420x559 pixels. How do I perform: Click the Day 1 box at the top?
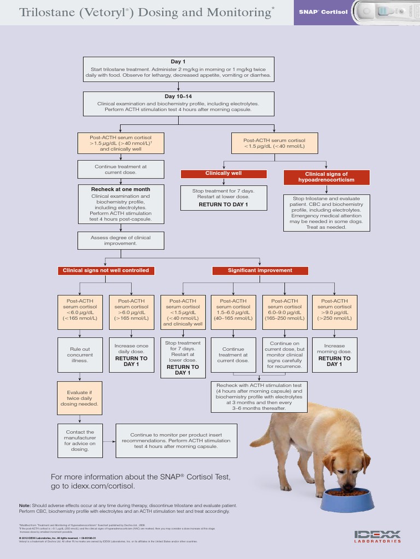(178, 69)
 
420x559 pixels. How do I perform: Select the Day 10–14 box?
(178, 103)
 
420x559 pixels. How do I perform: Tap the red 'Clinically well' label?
(224, 174)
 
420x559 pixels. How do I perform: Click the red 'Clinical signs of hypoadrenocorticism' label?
(326, 177)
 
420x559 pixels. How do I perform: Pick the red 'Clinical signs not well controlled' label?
(106, 270)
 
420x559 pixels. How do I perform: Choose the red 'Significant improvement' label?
(260, 270)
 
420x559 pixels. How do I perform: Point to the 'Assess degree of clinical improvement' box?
(120, 241)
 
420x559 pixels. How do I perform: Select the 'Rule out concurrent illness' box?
(80, 355)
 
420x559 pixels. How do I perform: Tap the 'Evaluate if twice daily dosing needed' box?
(80, 399)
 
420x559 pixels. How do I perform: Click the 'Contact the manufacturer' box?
(80, 439)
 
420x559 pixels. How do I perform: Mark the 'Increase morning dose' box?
(334, 355)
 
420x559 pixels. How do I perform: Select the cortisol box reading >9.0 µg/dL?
(334, 312)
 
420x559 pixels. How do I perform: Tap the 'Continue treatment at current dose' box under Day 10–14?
(120, 169)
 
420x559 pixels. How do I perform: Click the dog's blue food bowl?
(347, 499)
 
